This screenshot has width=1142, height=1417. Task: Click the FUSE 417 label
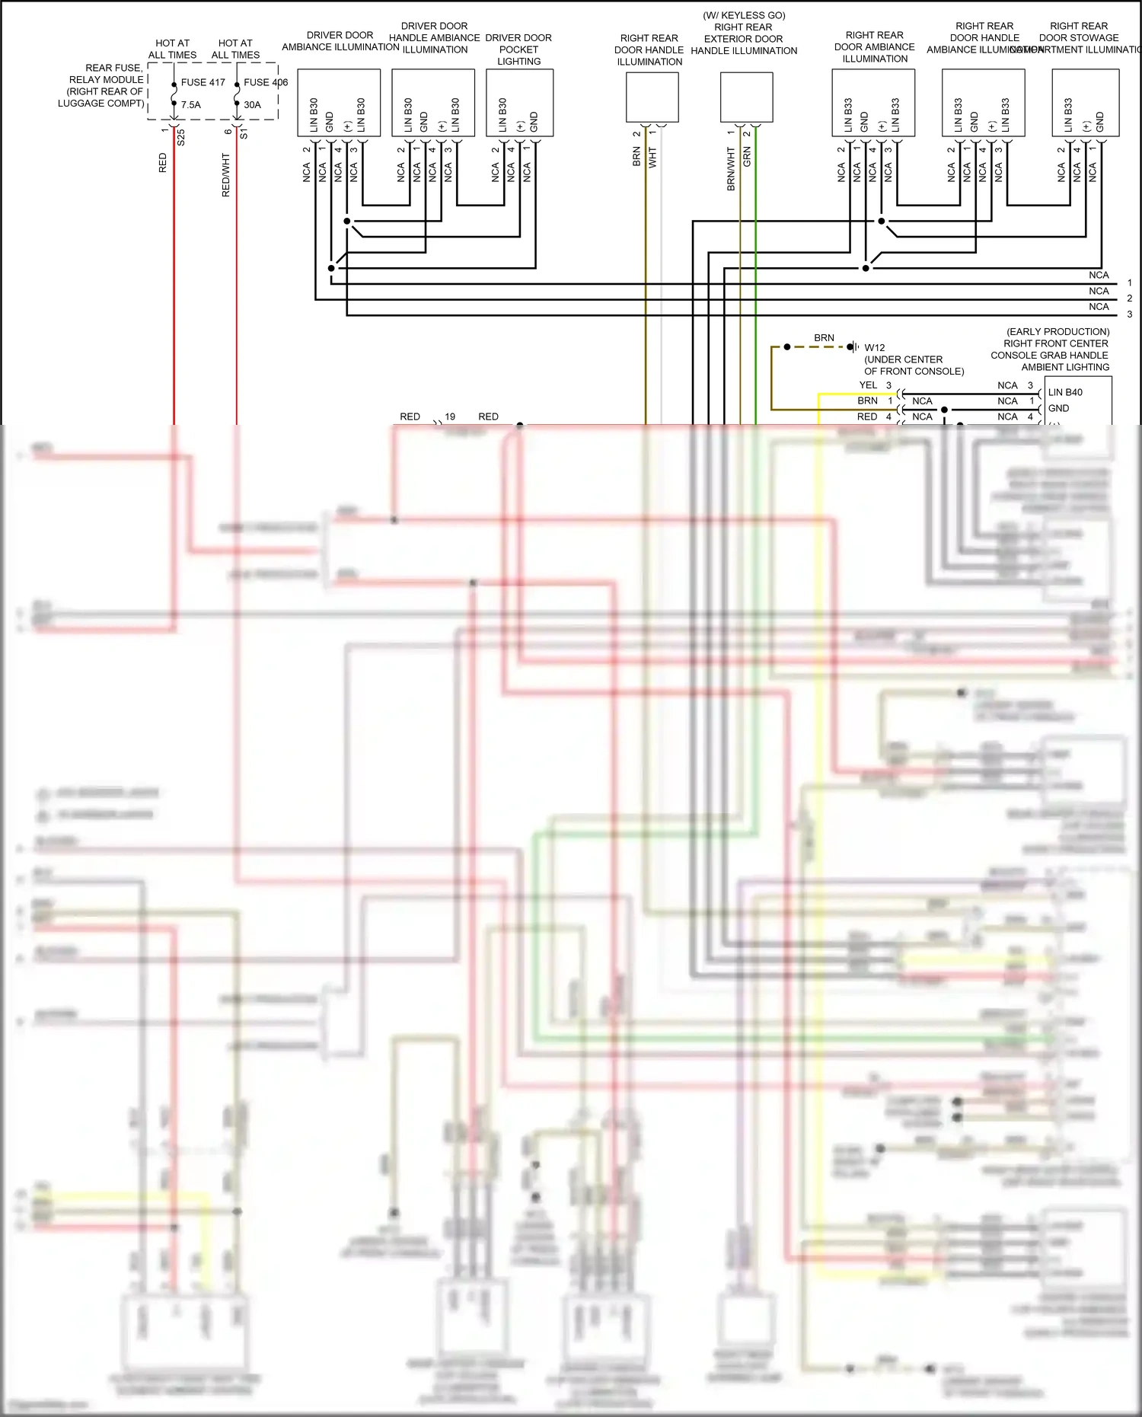[203, 82]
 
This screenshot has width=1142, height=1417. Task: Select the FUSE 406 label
[266, 82]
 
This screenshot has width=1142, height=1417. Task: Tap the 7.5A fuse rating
[191, 105]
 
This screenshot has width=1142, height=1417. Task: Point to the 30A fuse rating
[252, 105]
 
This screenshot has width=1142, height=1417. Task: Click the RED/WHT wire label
[226, 175]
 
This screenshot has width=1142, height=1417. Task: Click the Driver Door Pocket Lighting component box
[519, 103]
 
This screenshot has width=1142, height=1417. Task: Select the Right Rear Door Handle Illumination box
[652, 97]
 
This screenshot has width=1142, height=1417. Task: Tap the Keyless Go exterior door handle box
[746, 97]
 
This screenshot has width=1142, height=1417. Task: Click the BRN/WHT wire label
[731, 169]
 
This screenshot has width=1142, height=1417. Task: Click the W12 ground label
[875, 347]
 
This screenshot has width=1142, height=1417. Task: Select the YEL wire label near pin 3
[868, 385]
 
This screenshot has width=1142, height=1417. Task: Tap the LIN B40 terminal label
[1065, 392]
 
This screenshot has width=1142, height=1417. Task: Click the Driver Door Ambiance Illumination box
[338, 103]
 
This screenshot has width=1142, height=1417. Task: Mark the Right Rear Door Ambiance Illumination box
[872, 103]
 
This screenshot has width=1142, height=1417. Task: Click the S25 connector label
[181, 138]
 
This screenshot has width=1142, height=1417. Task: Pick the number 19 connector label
[450, 416]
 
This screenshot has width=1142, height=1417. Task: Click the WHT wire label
[652, 158]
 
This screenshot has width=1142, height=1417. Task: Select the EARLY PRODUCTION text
[1057, 332]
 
